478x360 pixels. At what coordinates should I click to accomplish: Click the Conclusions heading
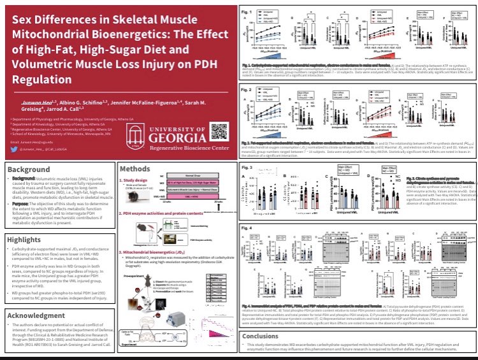(x=261, y=336)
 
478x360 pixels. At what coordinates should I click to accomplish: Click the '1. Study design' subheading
(x=134, y=180)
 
